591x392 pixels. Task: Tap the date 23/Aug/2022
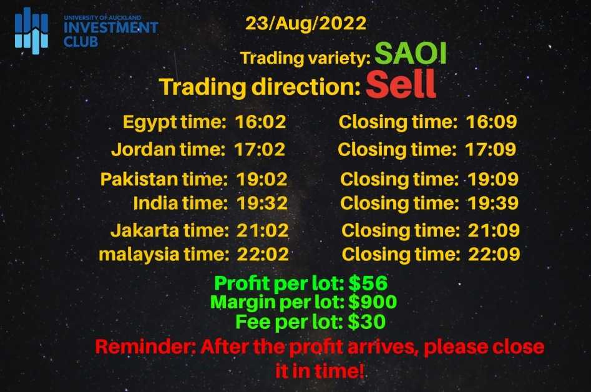[306, 23]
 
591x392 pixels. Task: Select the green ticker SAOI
[411, 53]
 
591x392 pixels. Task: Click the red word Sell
[401, 84]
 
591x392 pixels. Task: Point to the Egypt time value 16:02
[260, 122]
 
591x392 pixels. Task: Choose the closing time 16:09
[492, 122]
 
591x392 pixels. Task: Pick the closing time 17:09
[491, 150]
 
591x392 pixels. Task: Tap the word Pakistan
[139, 179]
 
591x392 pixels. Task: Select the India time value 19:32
[262, 203]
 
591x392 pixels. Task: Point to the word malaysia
[139, 255]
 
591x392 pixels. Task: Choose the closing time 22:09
[494, 255]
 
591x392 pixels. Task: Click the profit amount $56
[368, 283]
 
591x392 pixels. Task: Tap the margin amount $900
[373, 302]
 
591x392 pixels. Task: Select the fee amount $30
[367, 322]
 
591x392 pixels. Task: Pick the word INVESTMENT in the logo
[111, 27]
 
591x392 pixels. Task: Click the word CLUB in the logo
[81, 41]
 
